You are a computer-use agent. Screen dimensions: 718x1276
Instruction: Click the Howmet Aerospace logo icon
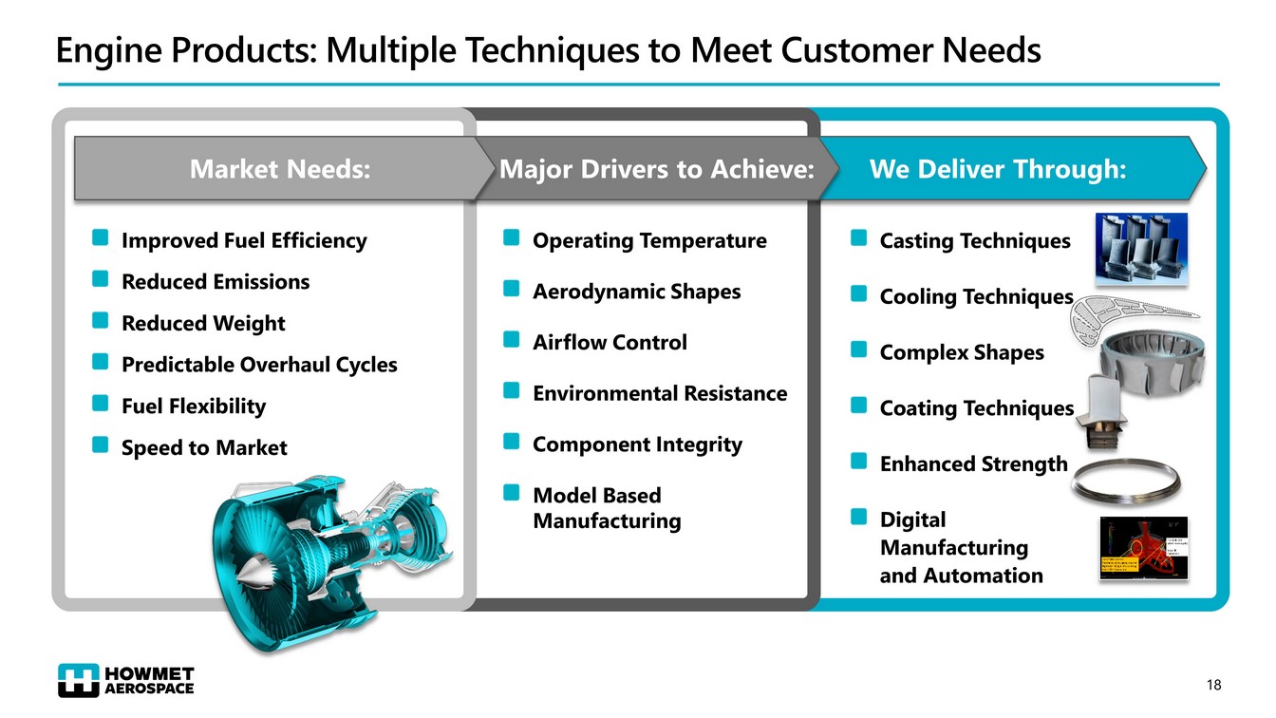pos(78,680)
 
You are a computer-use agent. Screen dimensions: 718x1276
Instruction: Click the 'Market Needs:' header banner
pos(279,170)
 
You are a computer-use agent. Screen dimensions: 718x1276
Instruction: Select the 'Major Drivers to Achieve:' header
pos(657,170)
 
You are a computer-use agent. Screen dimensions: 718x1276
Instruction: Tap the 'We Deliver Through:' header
pos(998,170)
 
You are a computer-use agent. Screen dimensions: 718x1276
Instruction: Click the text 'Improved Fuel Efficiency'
pos(244,241)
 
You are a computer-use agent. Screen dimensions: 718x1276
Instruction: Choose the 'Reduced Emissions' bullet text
pos(216,282)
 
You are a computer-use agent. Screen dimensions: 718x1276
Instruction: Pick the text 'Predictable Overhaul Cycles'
pos(259,365)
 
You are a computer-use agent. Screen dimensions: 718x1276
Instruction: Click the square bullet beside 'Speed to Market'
pos(100,445)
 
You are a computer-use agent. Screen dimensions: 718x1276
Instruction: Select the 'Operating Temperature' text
pos(649,241)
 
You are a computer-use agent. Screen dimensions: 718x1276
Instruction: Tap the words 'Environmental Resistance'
pos(660,393)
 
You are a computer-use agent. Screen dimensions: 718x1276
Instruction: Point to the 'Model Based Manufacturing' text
pos(606,508)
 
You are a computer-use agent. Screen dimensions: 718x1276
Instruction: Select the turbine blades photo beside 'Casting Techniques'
pos(1140,248)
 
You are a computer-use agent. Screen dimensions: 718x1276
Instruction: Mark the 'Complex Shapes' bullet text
pos(962,353)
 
